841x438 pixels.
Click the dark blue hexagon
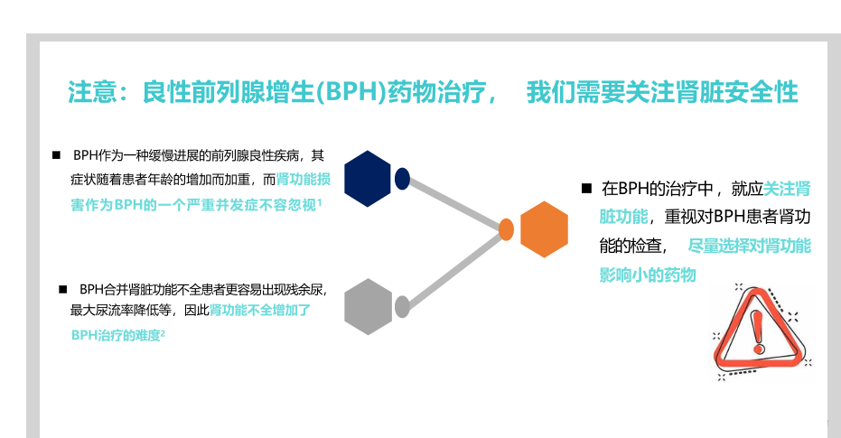[367, 179]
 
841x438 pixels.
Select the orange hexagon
[544, 229]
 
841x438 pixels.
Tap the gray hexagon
[368, 307]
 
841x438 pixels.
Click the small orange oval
[507, 229]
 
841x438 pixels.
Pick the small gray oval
[403, 307]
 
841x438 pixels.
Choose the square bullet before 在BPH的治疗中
[585, 189]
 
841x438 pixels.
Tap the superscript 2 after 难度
[163, 332]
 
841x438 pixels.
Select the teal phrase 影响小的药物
[648, 275]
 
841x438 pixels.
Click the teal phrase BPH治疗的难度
[116, 335]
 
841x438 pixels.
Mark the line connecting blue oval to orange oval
[454, 204]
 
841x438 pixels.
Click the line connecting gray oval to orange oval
[454, 269]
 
